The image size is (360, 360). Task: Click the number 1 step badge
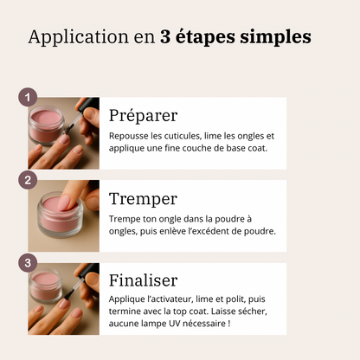point(29,97)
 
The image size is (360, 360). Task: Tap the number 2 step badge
point(29,180)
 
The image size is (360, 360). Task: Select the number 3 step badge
point(29,262)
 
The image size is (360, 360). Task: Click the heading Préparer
point(143,116)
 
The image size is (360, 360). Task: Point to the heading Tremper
point(143,199)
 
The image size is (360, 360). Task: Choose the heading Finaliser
point(143,280)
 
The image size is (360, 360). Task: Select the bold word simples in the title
point(274,39)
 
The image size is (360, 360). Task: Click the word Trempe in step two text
point(126,218)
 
